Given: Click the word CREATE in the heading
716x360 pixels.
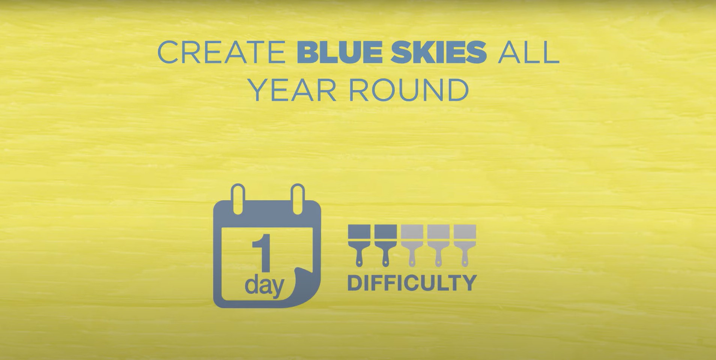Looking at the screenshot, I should coord(221,53).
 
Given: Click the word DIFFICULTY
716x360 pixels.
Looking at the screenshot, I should coord(412,283).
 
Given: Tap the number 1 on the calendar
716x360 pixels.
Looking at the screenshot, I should coord(262,253).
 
